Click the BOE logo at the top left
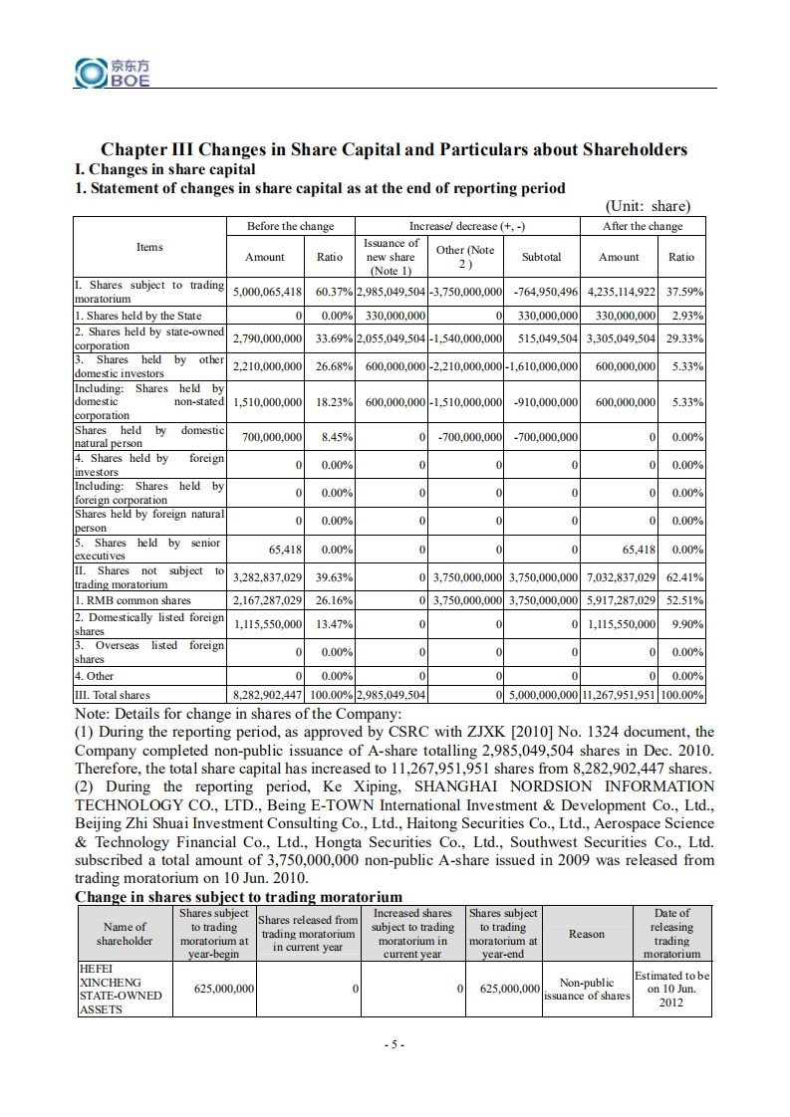pyautogui.click(x=113, y=72)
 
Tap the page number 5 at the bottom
pyautogui.click(x=395, y=1044)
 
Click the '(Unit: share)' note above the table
pyautogui.click(x=648, y=206)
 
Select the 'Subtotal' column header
pyautogui.click(x=541, y=257)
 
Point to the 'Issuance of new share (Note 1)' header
pyautogui.click(x=391, y=257)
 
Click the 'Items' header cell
pyautogui.click(x=149, y=247)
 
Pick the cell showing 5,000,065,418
pyautogui.click(x=266, y=292)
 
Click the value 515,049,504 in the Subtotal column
pyautogui.click(x=541, y=338)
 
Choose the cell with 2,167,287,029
pyautogui.click(x=266, y=600)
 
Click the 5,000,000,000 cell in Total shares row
pyautogui.click(x=543, y=695)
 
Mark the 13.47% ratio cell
pyautogui.click(x=330, y=624)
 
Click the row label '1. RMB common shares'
pyautogui.click(x=133, y=600)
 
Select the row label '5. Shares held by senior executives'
pyautogui.click(x=149, y=549)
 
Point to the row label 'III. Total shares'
pyautogui.click(x=113, y=695)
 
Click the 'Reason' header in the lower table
pyautogui.click(x=587, y=934)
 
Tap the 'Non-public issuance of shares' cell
pyautogui.click(x=587, y=989)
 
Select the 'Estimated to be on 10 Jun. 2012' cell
pyautogui.click(x=671, y=989)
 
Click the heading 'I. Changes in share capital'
pyautogui.click(x=165, y=169)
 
